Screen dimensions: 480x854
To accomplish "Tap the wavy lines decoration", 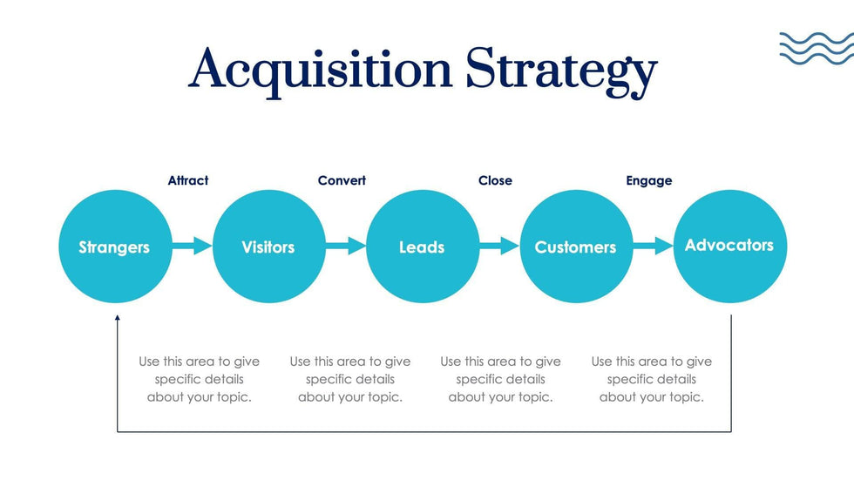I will pos(816,48).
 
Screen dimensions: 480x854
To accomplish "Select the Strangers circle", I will pos(114,247).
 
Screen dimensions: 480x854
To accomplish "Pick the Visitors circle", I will pos(268,247).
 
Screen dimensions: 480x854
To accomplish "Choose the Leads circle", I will pos(422,247).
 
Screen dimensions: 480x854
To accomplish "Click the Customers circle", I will pos(575,247).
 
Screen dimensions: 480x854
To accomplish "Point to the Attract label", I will pos(188,180).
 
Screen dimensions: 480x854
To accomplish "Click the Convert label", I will pos(342,180).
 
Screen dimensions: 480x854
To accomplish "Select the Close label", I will pos(495,180).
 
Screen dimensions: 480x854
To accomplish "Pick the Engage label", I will pos(649,180).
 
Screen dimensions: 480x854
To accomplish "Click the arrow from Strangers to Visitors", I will pos(192,247).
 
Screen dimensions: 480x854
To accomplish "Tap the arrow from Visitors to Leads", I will pos(346,247).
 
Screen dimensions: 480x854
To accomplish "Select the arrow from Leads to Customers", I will pos(499,247).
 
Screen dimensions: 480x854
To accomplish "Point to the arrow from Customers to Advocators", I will pos(653,247).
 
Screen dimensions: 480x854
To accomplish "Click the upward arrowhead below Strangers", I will pos(118,320).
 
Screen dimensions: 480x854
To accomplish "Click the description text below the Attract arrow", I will pos(200,379).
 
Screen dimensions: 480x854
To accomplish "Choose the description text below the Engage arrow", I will pos(652,379).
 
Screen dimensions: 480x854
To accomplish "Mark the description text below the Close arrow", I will pos(501,379).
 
